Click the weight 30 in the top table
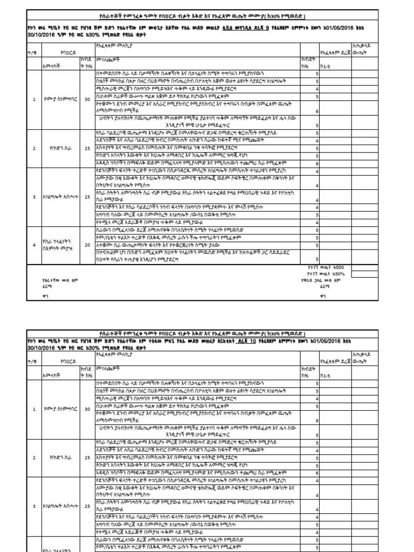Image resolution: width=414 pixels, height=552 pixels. (x=87, y=99)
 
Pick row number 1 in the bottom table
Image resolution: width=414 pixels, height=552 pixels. (x=33, y=409)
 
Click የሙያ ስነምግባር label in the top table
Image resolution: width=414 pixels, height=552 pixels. (x=56, y=99)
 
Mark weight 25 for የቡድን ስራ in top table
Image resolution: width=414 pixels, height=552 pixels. (x=87, y=148)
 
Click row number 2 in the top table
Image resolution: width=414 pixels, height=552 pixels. (x=33, y=148)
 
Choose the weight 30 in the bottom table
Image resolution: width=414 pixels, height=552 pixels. (x=87, y=409)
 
